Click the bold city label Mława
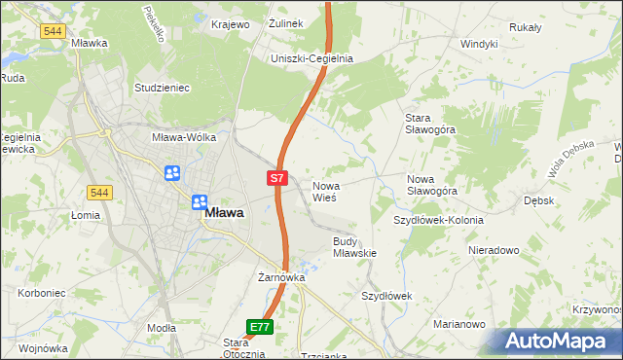tap(224, 211)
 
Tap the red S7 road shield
tap(277, 178)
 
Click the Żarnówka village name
tap(282, 277)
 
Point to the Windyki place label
tap(479, 44)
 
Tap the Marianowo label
tap(459, 324)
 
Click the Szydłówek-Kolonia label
tap(438, 220)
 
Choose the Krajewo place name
tap(232, 23)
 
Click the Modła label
tap(162, 329)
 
